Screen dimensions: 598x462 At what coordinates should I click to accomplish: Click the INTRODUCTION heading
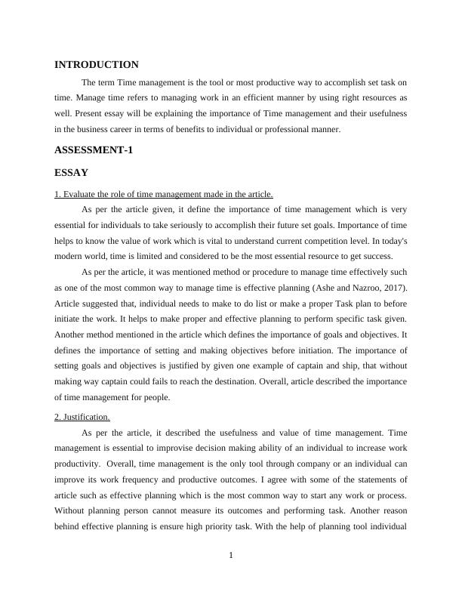coord(97,65)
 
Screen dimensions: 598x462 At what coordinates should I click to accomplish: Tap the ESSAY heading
coord(72,173)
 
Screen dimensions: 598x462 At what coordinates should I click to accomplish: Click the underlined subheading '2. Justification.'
coord(82,416)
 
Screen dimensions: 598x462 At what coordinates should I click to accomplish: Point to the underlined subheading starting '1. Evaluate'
coord(164,194)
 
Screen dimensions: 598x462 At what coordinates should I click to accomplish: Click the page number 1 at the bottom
coord(231,556)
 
